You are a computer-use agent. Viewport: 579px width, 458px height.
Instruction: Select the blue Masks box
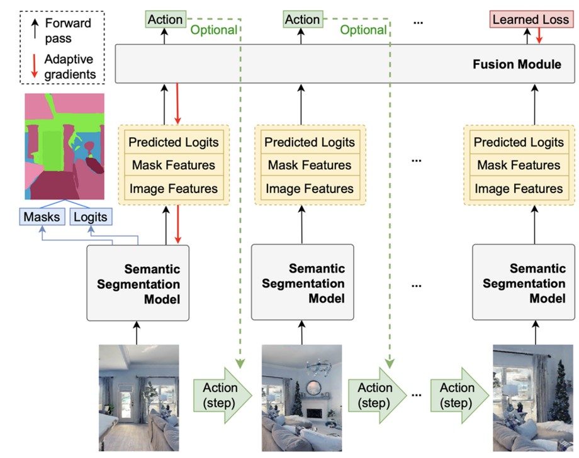pyautogui.click(x=42, y=217)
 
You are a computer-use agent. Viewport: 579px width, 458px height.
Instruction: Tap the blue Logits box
pyautogui.click(x=90, y=217)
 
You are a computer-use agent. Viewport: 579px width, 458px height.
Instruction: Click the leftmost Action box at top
pyautogui.click(x=166, y=20)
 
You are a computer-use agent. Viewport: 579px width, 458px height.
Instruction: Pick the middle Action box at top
pyautogui.click(x=302, y=20)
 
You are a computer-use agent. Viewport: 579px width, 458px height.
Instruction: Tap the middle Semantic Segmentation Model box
pyautogui.click(x=303, y=283)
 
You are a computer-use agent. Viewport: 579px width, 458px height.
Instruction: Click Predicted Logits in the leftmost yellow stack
pyautogui.click(x=174, y=142)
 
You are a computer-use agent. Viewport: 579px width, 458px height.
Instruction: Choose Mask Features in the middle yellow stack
pyautogui.click(x=310, y=165)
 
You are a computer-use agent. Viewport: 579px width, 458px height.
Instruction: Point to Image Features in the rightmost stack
pyautogui.click(x=519, y=189)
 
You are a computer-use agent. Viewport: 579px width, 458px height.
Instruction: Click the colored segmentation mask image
pyautogui.click(x=64, y=147)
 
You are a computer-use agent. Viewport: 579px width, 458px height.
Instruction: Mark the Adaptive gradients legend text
pyautogui.click(x=69, y=67)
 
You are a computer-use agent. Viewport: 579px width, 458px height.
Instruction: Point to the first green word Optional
pyautogui.click(x=214, y=30)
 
